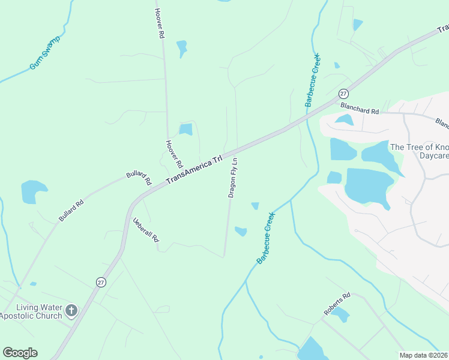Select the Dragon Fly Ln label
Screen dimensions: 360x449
pos(234,178)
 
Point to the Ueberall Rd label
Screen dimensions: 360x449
pos(146,229)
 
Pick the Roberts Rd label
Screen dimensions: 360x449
pos(337,305)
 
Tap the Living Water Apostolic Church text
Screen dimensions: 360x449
pos(31,311)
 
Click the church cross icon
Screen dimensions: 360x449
pos(71,310)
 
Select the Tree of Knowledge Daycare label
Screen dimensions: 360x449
pos(419,151)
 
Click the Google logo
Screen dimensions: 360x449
pos(20,353)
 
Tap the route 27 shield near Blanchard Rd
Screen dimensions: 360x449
pos(343,94)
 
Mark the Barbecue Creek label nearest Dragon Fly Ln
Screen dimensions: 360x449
pos(266,238)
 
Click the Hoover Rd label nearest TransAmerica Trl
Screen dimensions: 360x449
pos(173,154)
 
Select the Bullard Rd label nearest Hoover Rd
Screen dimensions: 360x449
pos(139,178)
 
